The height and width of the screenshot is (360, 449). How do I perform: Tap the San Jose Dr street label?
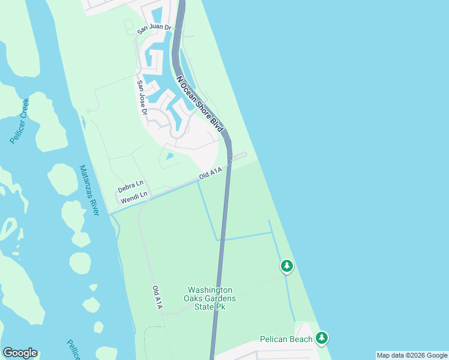click(142, 97)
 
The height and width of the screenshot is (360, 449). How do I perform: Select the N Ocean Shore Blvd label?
click(200, 103)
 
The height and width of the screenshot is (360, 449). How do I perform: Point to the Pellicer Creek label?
click(20, 120)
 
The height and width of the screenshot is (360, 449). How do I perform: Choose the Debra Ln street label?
click(130, 186)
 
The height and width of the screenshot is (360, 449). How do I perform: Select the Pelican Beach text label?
click(286, 339)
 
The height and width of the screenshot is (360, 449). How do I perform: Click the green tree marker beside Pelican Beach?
click(322, 338)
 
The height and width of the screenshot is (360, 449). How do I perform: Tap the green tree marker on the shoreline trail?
click(287, 266)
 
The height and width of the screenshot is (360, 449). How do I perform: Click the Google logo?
click(20, 353)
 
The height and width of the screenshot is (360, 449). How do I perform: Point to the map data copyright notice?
click(412, 355)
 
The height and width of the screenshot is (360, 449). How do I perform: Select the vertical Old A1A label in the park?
click(157, 297)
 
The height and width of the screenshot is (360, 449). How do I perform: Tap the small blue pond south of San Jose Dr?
click(170, 157)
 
